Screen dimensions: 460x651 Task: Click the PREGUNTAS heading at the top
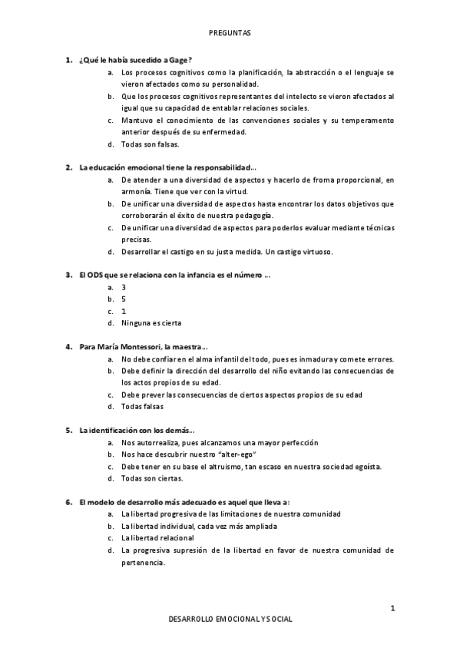click(230, 33)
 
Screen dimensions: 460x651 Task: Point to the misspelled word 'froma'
click(304, 180)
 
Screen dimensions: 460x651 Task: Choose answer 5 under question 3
click(124, 299)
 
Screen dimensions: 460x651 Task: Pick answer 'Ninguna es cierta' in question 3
click(151, 322)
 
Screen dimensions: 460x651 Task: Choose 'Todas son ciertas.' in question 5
click(152, 478)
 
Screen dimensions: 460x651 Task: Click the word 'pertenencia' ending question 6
click(142, 562)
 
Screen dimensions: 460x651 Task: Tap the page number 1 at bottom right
click(392, 609)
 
